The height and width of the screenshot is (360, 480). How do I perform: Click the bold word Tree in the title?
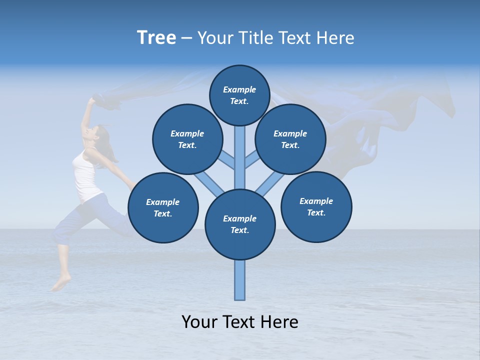(156, 38)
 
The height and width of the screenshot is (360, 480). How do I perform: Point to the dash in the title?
(186, 38)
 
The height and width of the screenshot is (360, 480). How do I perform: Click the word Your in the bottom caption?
(199, 322)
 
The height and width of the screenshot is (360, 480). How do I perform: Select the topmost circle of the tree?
(239, 95)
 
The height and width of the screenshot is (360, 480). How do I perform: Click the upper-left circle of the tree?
(187, 139)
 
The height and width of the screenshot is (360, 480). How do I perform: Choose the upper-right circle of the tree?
(290, 139)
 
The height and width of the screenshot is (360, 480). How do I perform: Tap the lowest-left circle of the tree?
(163, 207)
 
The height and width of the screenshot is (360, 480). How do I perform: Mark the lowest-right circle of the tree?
(316, 206)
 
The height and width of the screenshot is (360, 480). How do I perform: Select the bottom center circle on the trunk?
(240, 224)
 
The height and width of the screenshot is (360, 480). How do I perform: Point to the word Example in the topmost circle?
(239, 89)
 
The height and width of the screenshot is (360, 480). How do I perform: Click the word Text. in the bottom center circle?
(240, 230)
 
